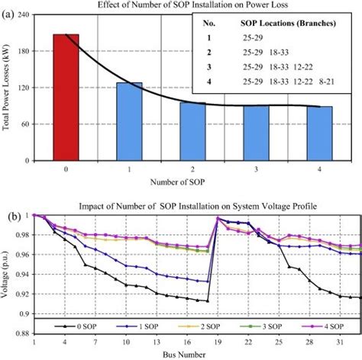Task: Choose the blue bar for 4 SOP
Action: click(x=319, y=133)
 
